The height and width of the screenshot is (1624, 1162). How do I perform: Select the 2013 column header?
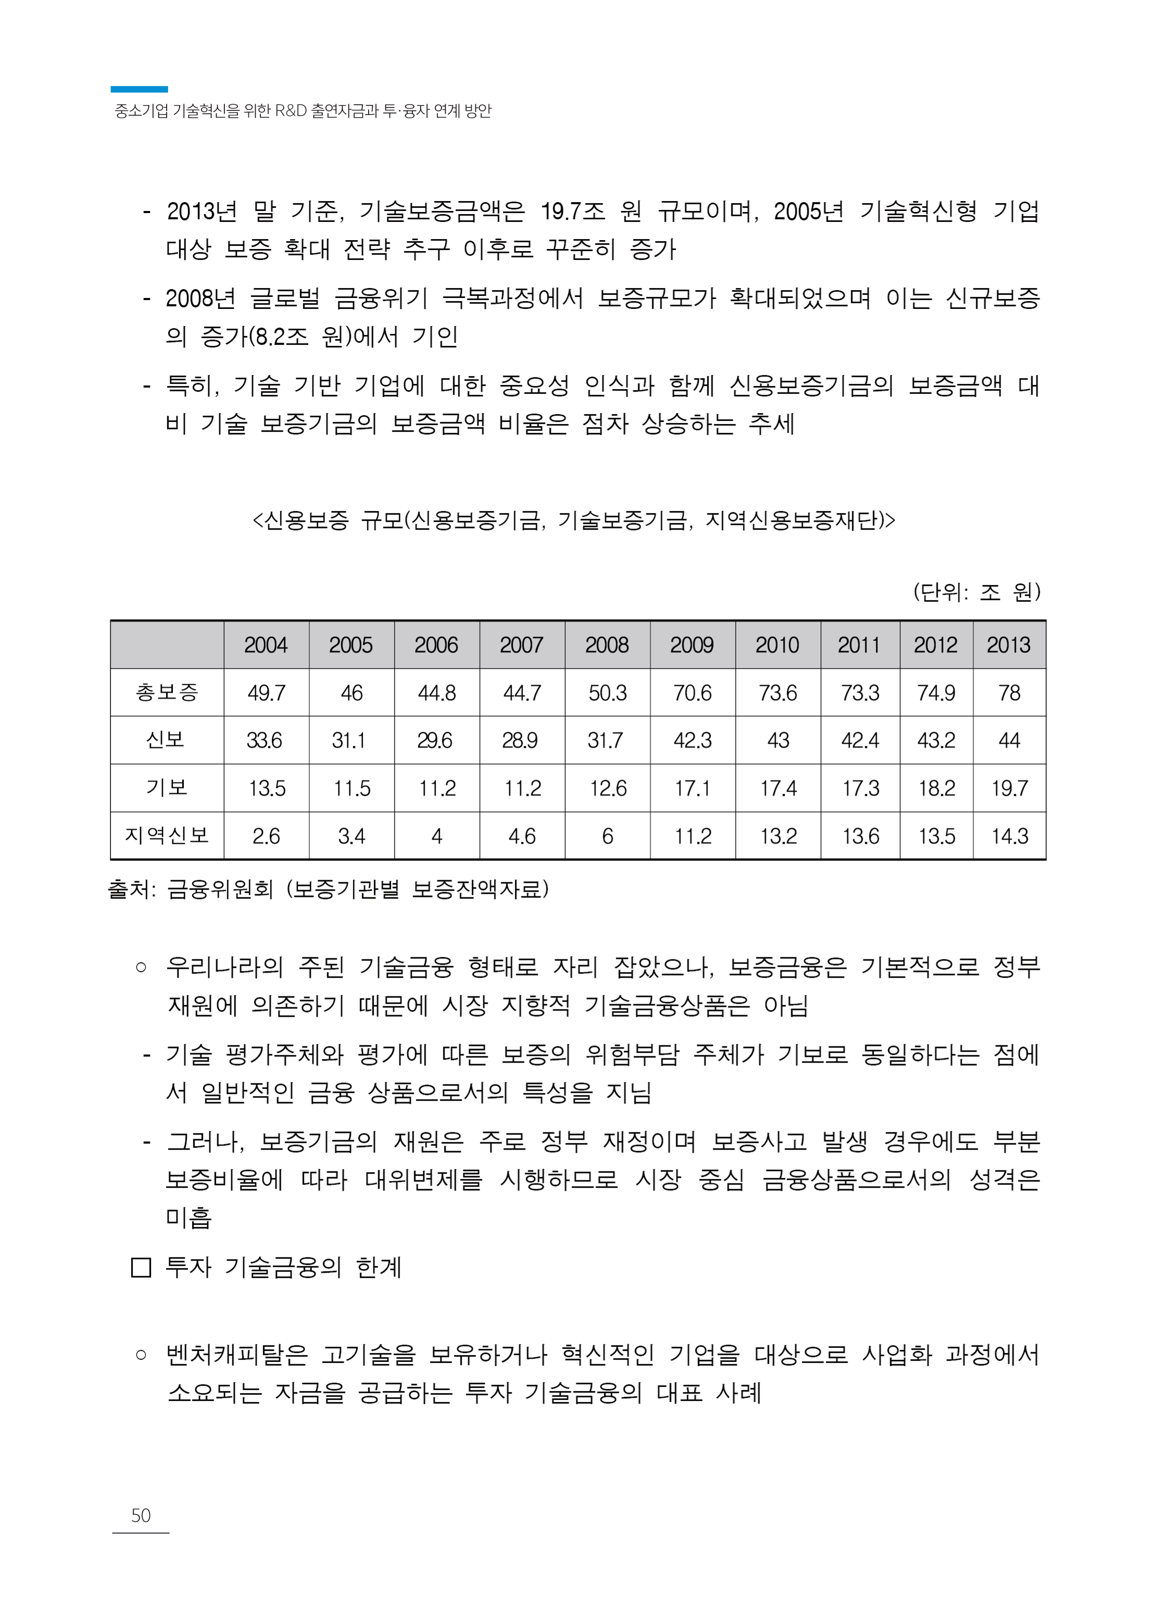click(x=1008, y=645)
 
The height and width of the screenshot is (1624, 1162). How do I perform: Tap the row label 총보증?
click(x=167, y=692)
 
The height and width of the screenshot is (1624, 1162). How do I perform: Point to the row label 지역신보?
click(x=167, y=835)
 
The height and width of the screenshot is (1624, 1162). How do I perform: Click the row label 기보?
click(x=167, y=788)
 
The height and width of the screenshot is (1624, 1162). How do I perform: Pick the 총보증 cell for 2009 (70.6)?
click(x=692, y=693)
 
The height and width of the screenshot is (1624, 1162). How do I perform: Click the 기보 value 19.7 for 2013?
click(x=1009, y=788)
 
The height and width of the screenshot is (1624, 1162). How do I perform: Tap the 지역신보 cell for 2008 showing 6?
click(x=608, y=836)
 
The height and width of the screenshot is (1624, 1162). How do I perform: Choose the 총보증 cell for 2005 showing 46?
click(x=351, y=693)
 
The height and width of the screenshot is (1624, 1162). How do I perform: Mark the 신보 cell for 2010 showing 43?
click(x=778, y=740)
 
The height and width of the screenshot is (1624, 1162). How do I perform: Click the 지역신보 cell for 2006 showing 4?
click(x=436, y=836)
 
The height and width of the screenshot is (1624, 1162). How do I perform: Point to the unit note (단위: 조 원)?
click(x=976, y=592)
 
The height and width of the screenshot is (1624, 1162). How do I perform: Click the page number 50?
click(x=141, y=1515)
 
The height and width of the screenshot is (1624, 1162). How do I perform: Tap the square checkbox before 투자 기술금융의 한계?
click(x=141, y=1268)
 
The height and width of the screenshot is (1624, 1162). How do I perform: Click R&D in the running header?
click(x=290, y=111)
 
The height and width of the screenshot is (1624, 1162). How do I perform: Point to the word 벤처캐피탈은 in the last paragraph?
click(x=236, y=1354)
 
